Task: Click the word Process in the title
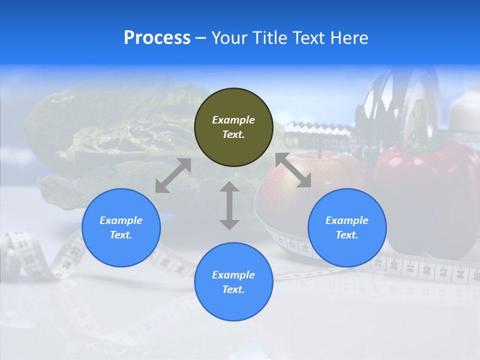157,38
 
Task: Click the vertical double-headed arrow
229,205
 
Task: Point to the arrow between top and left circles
173,175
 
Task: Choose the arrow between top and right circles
293,170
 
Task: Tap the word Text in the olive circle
233,134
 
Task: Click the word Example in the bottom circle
233,274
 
